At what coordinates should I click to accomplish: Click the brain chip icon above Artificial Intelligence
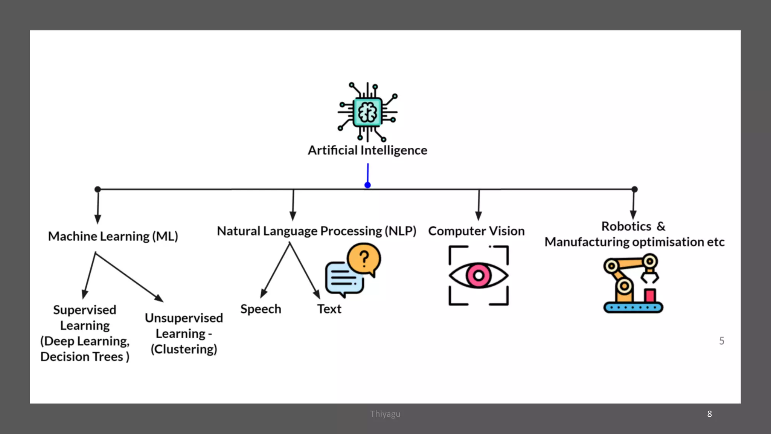pyautogui.click(x=368, y=112)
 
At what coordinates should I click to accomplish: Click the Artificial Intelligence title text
pyautogui.click(x=367, y=150)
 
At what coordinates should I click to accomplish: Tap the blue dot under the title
pyautogui.click(x=368, y=185)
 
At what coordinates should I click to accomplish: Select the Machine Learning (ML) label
pyautogui.click(x=113, y=236)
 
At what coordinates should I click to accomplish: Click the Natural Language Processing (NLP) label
pyautogui.click(x=317, y=231)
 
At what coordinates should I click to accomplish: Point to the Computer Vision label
pyautogui.click(x=476, y=231)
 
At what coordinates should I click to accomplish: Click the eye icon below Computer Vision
pyautogui.click(x=478, y=275)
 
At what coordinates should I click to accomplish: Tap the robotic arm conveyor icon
pyautogui.click(x=632, y=284)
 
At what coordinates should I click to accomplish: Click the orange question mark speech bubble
pyautogui.click(x=364, y=259)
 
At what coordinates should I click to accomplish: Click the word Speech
pyautogui.click(x=261, y=309)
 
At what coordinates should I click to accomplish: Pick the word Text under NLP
pyautogui.click(x=329, y=309)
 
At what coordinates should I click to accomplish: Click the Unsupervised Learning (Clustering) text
pyautogui.click(x=184, y=333)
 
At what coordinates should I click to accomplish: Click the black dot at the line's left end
pyautogui.click(x=98, y=189)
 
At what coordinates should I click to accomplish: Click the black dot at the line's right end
pyautogui.click(x=634, y=189)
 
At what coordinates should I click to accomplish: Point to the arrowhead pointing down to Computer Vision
pyautogui.click(x=478, y=215)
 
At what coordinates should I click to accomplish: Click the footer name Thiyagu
pyautogui.click(x=385, y=414)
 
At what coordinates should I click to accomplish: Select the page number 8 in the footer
pyautogui.click(x=709, y=414)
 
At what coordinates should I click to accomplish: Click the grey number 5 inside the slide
pyautogui.click(x=721, y=341)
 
